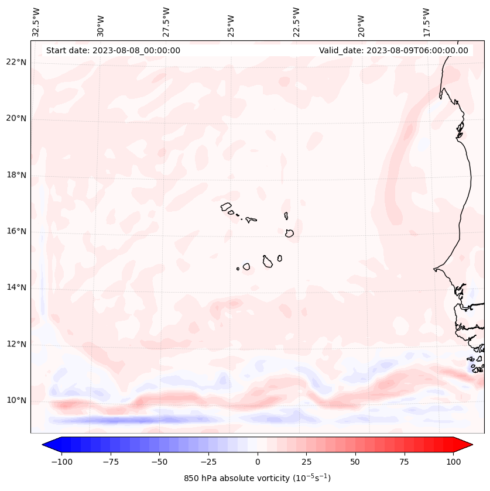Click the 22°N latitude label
tap(16, 63)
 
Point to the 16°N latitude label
tap(16, 232)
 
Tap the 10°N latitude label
tap(16, 401)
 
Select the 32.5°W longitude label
tap(36, 22)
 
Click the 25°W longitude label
tap(231, 22)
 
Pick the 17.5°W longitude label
tap(426, 22)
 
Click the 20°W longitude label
tap(361, 22)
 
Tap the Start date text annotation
tap(113, 50)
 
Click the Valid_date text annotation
tap(393, 50)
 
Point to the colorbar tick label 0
tap(257, 462)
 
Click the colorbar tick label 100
tap(453, 462)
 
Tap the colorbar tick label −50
tap(159, 462)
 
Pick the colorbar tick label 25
tap(306, 462)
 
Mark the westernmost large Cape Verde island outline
tap(226, 206)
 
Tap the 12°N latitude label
tap(16, 345)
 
